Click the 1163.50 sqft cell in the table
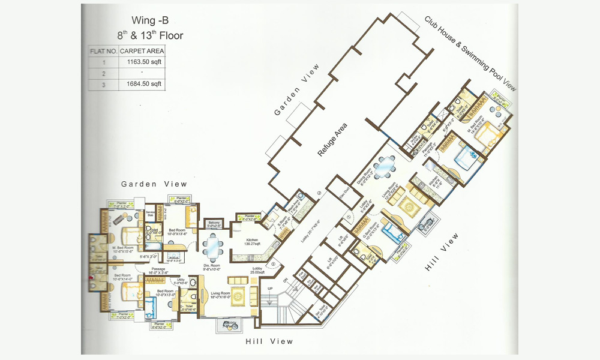tap(142, 61)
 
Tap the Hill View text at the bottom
tap(269, 341)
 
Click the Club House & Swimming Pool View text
tap(470, 53)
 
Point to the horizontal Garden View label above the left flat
tap(154, 184)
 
